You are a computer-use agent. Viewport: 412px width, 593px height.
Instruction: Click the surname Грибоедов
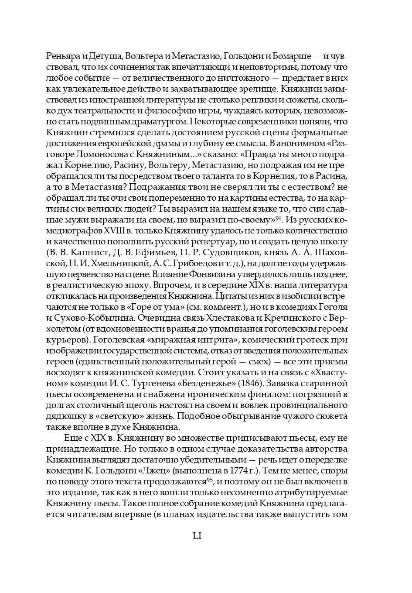click(x=188, y=264)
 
